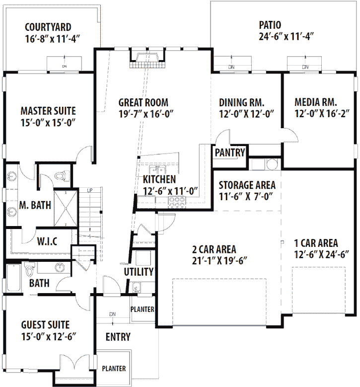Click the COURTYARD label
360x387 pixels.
point(48,27)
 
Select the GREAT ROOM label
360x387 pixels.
point(143,102)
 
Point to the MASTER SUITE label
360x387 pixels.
point(48,110)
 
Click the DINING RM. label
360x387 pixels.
point(242,102)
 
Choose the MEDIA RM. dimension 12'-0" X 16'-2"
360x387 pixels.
point(322,113)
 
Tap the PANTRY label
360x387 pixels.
point(229,153)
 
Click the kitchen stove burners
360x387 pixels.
point(177,201)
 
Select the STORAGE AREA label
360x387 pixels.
point(247,185)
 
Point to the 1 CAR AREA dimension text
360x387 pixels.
point(322,254)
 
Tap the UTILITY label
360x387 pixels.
point(139,272)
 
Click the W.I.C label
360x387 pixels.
point(47,242)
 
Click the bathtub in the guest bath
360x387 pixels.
point(13,279)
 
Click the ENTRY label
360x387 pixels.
point(118,337)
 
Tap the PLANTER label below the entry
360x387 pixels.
point(114,369)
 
